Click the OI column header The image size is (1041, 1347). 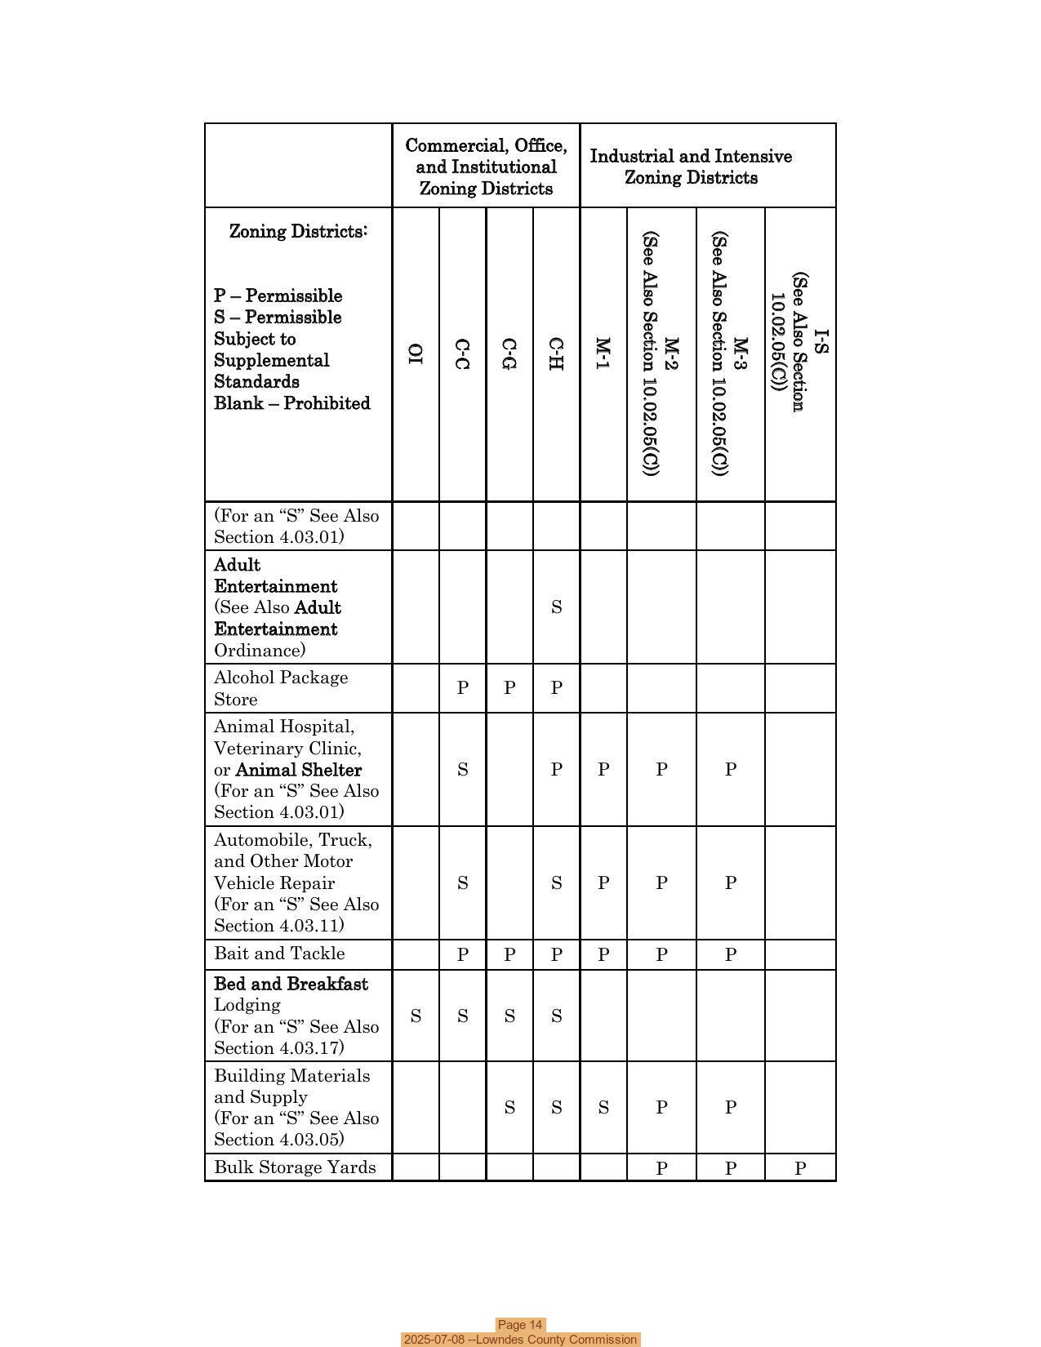coord(416,353)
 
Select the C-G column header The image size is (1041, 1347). coord(509,353)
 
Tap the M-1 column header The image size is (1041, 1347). coord(603,353)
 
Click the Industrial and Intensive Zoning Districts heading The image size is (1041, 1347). coord(691,167)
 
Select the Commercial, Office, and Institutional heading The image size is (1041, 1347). coord(486,167)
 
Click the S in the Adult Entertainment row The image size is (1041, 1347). coord(556,607)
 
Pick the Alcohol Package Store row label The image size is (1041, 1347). coord(281,688)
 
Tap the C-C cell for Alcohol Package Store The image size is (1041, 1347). coord(462,688)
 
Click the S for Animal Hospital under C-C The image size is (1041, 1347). coord(462,769)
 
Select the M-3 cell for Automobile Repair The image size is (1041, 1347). coord(730,882)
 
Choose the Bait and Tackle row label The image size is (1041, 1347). coord(279,954)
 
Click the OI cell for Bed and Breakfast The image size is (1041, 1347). coord(416,1016)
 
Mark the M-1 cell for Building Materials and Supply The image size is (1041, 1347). coord(603,1108)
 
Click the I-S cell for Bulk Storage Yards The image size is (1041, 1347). coord(800,1168)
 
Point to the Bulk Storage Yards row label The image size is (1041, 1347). coord(295,1167)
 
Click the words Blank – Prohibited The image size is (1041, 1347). coord(292,403)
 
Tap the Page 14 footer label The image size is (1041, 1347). coord(520,1325)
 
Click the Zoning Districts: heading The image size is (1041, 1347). coord(298,232)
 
